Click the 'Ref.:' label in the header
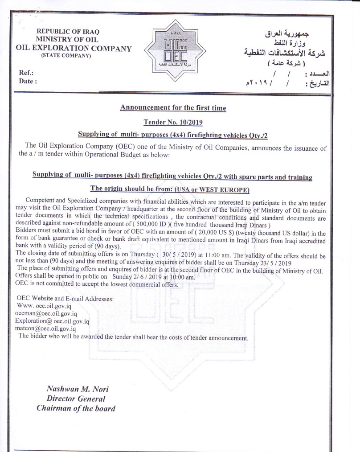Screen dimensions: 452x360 26,73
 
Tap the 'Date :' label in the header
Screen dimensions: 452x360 28,81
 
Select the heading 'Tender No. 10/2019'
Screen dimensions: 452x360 173,121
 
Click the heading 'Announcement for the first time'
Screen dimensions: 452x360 173,107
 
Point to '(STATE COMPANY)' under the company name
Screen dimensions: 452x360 66,56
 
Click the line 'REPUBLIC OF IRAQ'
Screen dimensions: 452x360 67,32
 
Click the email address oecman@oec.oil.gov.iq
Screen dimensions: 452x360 46,313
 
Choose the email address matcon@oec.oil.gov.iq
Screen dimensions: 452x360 45,329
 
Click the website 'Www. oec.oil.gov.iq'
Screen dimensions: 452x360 44,306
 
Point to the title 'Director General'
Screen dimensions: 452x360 76,399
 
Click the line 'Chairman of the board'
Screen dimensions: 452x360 76,408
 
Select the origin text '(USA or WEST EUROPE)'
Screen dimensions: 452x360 212,189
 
